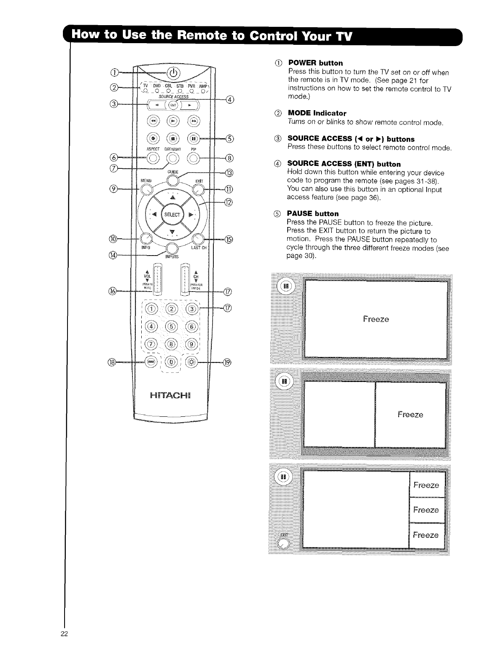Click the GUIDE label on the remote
pyautogui.click(x=173, y=172)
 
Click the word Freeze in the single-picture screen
pyautogui.click(x=376, y=319)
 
